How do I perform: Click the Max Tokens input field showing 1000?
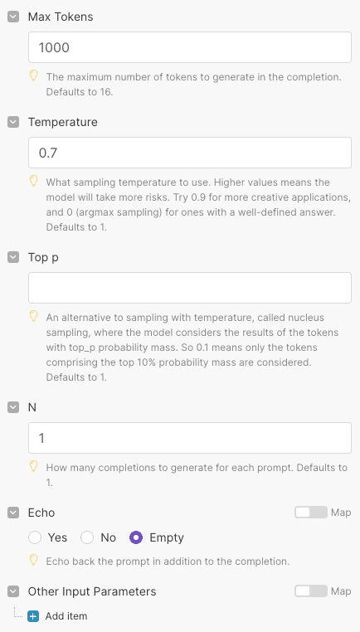click(x=189, y=47)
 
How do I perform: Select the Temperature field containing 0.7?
click(x=189, y=153)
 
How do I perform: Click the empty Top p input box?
click(x=189, y=288)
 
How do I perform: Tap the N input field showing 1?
click(x=189, y=437)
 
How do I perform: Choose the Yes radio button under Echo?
click(x=35, y=537)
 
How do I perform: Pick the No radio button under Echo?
click(x=86, y=537)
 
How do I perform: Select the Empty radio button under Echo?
click(x=137, y=537)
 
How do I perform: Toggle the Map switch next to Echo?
click(x=311, y=513)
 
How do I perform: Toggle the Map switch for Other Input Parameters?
click(x=311, y=591)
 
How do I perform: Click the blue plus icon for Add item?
click(x=33, y=616)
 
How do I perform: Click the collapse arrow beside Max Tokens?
click(x=13, y=17)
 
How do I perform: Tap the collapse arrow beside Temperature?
click(x=13, y=122)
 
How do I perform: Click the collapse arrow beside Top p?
click(x=13, y=257)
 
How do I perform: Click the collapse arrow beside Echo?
click(x=13, y=513)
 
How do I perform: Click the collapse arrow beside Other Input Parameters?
click(x=13, y=591)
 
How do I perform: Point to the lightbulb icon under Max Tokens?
click(x=34, y=75)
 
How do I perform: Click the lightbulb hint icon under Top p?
click(x=34, y=316)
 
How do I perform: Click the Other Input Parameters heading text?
click(x=92, y=591)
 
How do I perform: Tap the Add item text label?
click(x=66, y=616)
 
